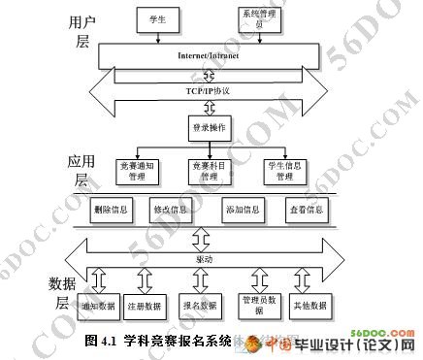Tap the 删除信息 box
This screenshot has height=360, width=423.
(x=112, y=209)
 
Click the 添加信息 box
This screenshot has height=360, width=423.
(x=241, y=209)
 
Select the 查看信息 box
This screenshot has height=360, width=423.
(x=303, y=209)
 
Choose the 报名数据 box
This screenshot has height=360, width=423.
(x=200, y=306)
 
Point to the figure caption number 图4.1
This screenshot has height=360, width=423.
(x=101, y=342)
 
